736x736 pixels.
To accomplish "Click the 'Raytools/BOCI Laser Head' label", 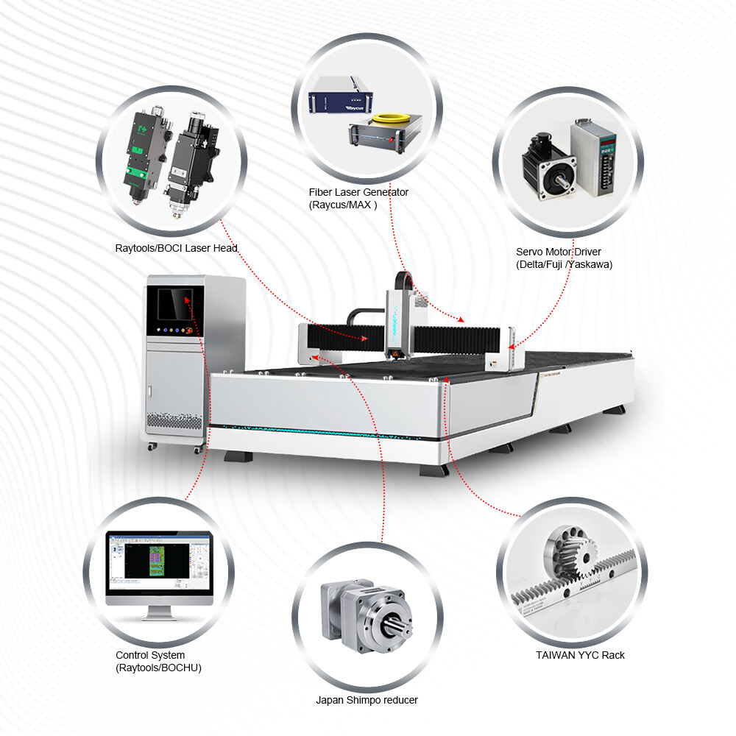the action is tap(177, 248).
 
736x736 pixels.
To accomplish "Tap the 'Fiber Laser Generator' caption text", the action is tap(358, 192).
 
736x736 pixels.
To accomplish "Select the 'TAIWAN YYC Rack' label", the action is tap(580, 655).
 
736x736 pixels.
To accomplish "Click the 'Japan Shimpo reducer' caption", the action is tap(367, 700).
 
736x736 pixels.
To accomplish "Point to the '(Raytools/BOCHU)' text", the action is tap(159, 668).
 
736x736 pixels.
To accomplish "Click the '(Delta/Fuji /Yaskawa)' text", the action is tap(565, 264).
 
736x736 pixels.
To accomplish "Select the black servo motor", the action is tap(549, 167).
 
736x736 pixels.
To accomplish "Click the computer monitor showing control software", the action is tap(160, 576).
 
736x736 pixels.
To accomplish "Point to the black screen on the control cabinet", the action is tap(174, 304).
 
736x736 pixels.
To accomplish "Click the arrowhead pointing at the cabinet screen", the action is tap(187, 300).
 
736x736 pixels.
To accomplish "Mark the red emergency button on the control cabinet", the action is tap(189, 330).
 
